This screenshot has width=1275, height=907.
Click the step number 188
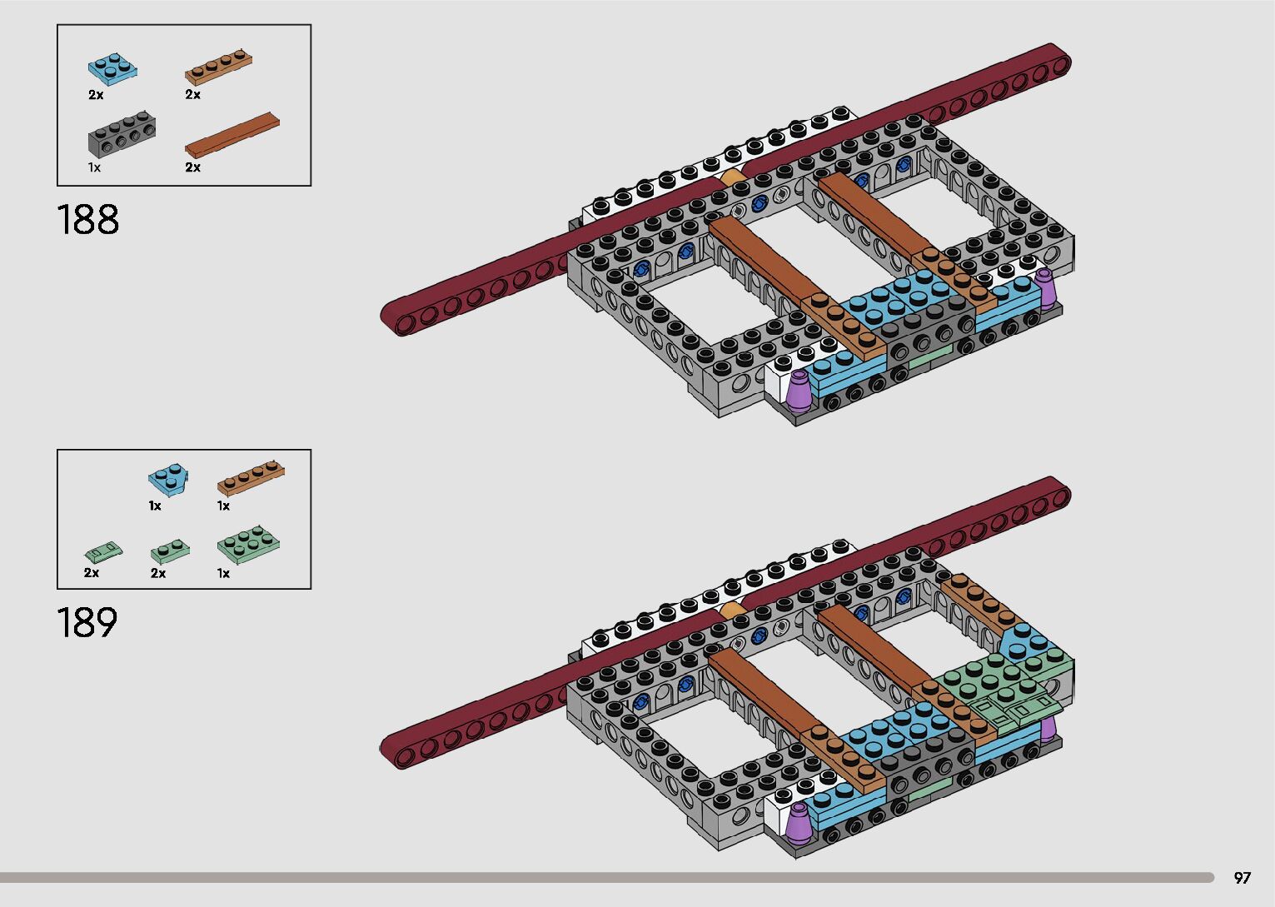(x=87, y=219)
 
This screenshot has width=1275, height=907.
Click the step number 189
(x=87, y=622)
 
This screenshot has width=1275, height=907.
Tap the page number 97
(x=1243, y=877)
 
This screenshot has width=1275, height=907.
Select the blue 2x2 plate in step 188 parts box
(x=112, y=69)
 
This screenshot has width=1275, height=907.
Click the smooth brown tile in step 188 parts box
(x=232, y=136)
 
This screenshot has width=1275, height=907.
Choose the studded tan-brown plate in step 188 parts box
(x=218, y=67)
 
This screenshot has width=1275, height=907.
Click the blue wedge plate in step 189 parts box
(x=168, y=480)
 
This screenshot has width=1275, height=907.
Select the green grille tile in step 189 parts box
(x=103, y=551)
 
